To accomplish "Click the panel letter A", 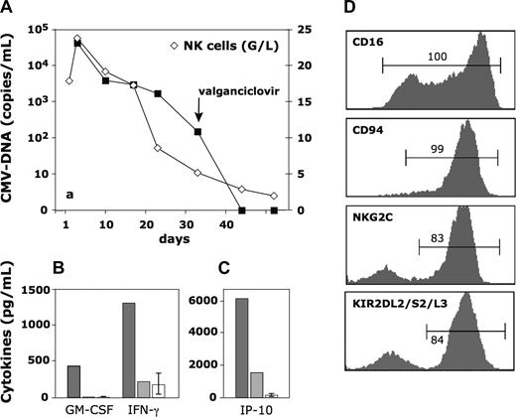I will coord(8,9).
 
